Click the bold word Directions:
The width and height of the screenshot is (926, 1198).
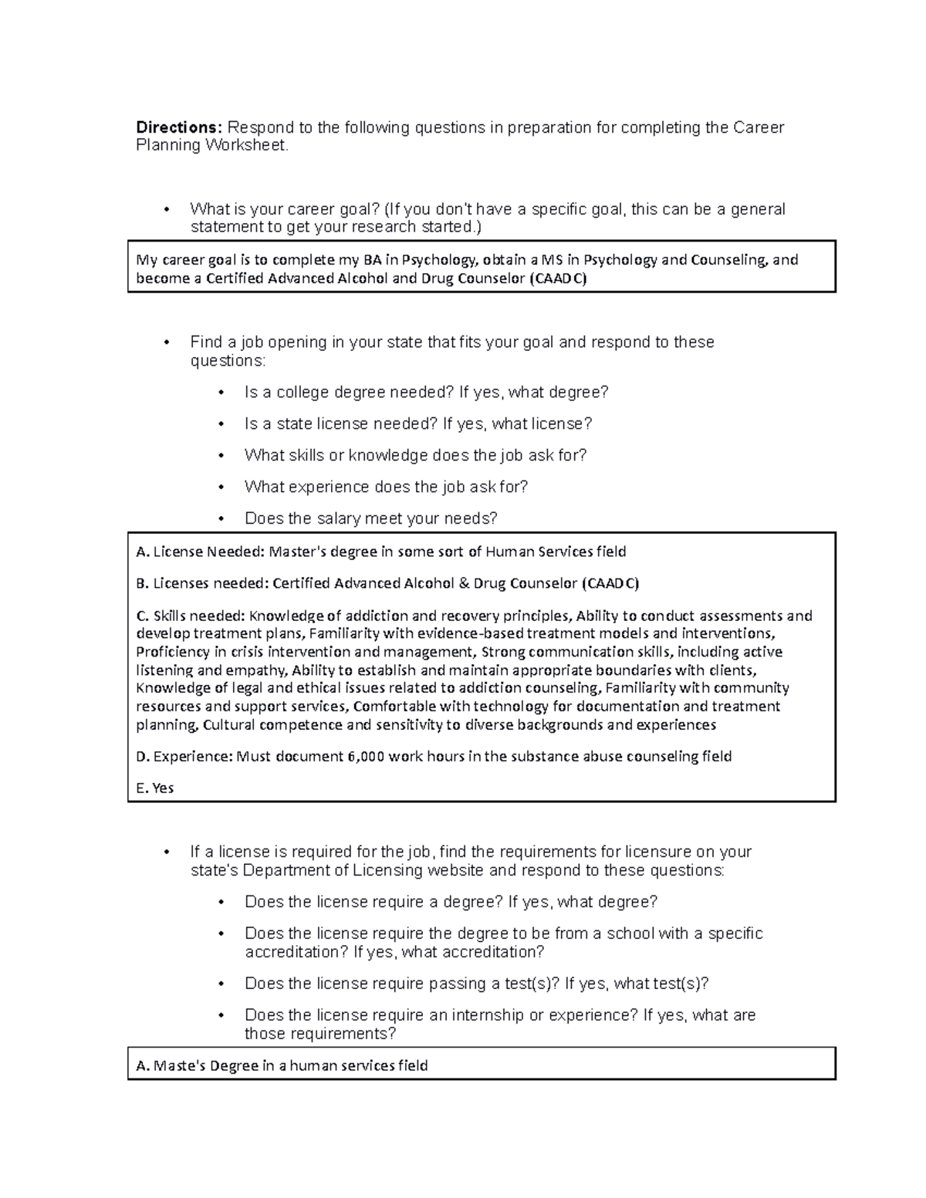[x=179, y=127]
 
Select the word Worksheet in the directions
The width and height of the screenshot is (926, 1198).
[x=246, y=146]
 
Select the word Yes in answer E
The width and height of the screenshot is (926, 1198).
[x=163, y=788]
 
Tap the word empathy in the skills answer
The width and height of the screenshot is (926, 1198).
[x=260, y=670]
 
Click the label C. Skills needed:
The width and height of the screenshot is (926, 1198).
[x=191, y=616]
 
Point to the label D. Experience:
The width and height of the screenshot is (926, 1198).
[x=184, y=757]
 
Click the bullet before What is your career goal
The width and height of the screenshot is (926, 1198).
[x=166, y=210]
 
